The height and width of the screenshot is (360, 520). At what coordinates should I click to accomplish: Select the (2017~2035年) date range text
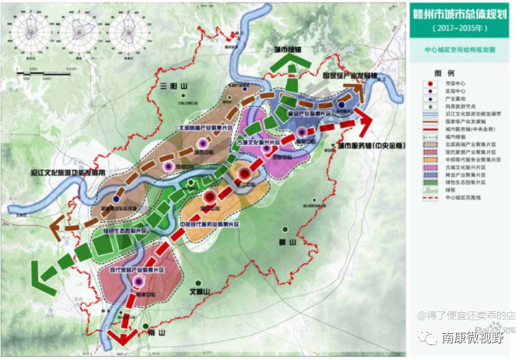pos(461,29)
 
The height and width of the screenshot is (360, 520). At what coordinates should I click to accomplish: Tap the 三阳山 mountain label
pos(172,86)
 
